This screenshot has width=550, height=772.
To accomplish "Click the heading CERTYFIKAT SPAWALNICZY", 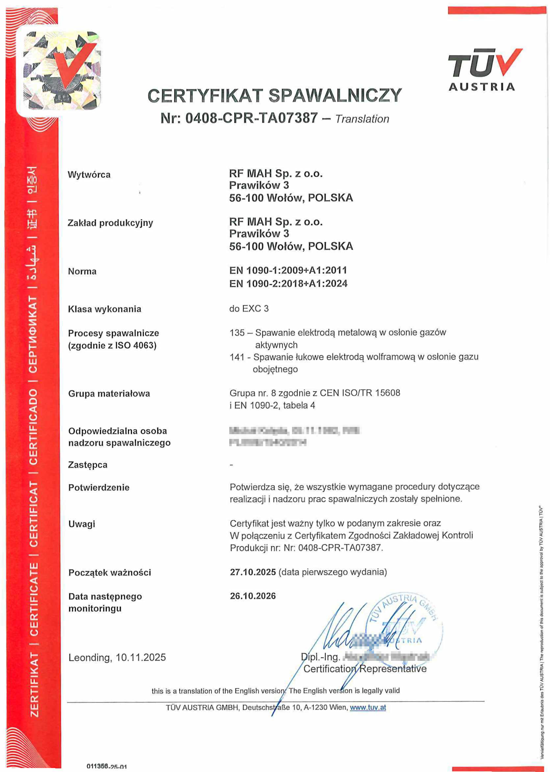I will pyautogui.click(x=275, y=96).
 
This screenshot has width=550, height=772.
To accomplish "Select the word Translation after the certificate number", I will pyautogui.click(x=362, y=119).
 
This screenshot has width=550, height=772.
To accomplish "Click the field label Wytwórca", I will pyautogui.click(x=89, y=175).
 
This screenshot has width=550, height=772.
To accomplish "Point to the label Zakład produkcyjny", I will pyautogui.click(x=110, y=223).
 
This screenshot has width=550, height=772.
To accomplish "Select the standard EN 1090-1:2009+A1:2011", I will pyautogui.click(x=288, y=270).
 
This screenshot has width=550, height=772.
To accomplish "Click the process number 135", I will pyautogui.click(x=237, y=333).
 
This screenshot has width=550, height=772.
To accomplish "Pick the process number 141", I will pyautogui.click(x=237, y=357).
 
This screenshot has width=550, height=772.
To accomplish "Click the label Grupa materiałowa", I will pyautogui.click(x=109, y=393).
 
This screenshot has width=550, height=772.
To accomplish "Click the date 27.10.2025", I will pyautogui.click(x=253, y=572).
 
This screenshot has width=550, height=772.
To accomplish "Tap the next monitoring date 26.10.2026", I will pyautogui.click(x=253, y=596).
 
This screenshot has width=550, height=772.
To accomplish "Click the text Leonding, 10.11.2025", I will pyautogui.click(x=117, y=657).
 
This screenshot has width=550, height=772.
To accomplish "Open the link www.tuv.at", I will pyautogui.click(x=368, y=707).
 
